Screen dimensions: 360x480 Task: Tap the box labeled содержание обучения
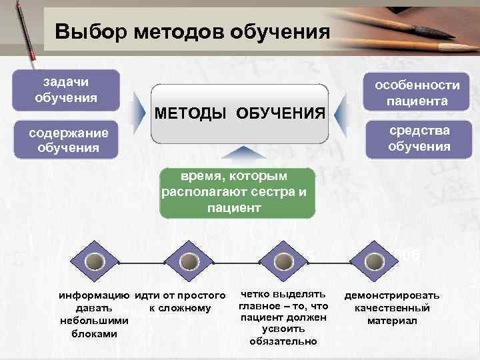pyautogui.click(x=68, y=139)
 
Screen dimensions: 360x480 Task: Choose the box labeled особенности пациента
pyautogui.click(x=417, y=93)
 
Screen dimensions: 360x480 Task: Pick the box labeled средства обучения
pyautogui.click(x=419, y=138)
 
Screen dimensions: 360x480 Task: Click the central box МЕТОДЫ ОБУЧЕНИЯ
pyautogui.click(x=240, y=113)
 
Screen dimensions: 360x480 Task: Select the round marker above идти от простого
pyautogui.click(x=189, y=261)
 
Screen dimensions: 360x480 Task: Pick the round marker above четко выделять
pyautogui.click(x=283, y=261)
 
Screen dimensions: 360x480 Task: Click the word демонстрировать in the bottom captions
pyautogui.click(x=391, y=295)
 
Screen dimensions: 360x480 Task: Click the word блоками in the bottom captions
pyautogui.click(x=94, y=333)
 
